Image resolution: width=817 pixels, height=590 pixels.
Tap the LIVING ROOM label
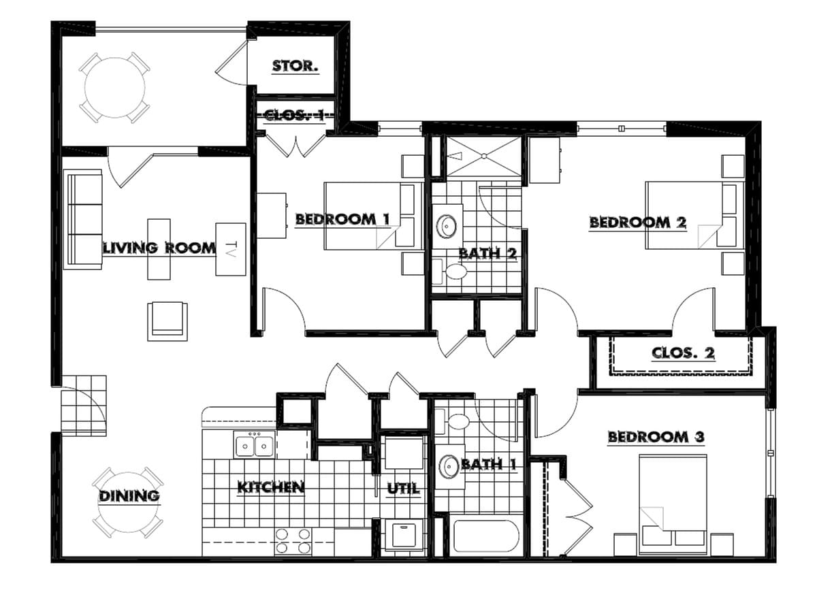(159, 248)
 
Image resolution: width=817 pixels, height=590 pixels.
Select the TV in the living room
(230, 249)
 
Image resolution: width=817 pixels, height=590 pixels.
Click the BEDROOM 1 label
(342, 219)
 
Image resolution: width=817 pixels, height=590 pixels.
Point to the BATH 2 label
(487, 254)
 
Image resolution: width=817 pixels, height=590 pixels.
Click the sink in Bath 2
(447, 226)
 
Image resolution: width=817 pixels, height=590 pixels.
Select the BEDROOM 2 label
(637, 222)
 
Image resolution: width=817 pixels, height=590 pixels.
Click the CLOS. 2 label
(683, 353)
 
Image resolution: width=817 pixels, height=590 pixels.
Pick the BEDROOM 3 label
(656, 437)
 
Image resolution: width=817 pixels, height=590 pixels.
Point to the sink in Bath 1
(448, 467)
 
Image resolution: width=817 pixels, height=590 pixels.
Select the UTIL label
(403, 489)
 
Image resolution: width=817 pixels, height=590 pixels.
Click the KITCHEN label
(270, 487)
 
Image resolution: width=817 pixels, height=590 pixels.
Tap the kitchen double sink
(254, 446)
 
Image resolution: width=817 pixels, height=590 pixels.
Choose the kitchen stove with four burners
(294, 541)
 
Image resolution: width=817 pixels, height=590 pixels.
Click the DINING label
(129, 496)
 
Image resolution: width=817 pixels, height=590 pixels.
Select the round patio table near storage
(114, 87)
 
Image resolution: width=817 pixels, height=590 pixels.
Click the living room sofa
(84, 219)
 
